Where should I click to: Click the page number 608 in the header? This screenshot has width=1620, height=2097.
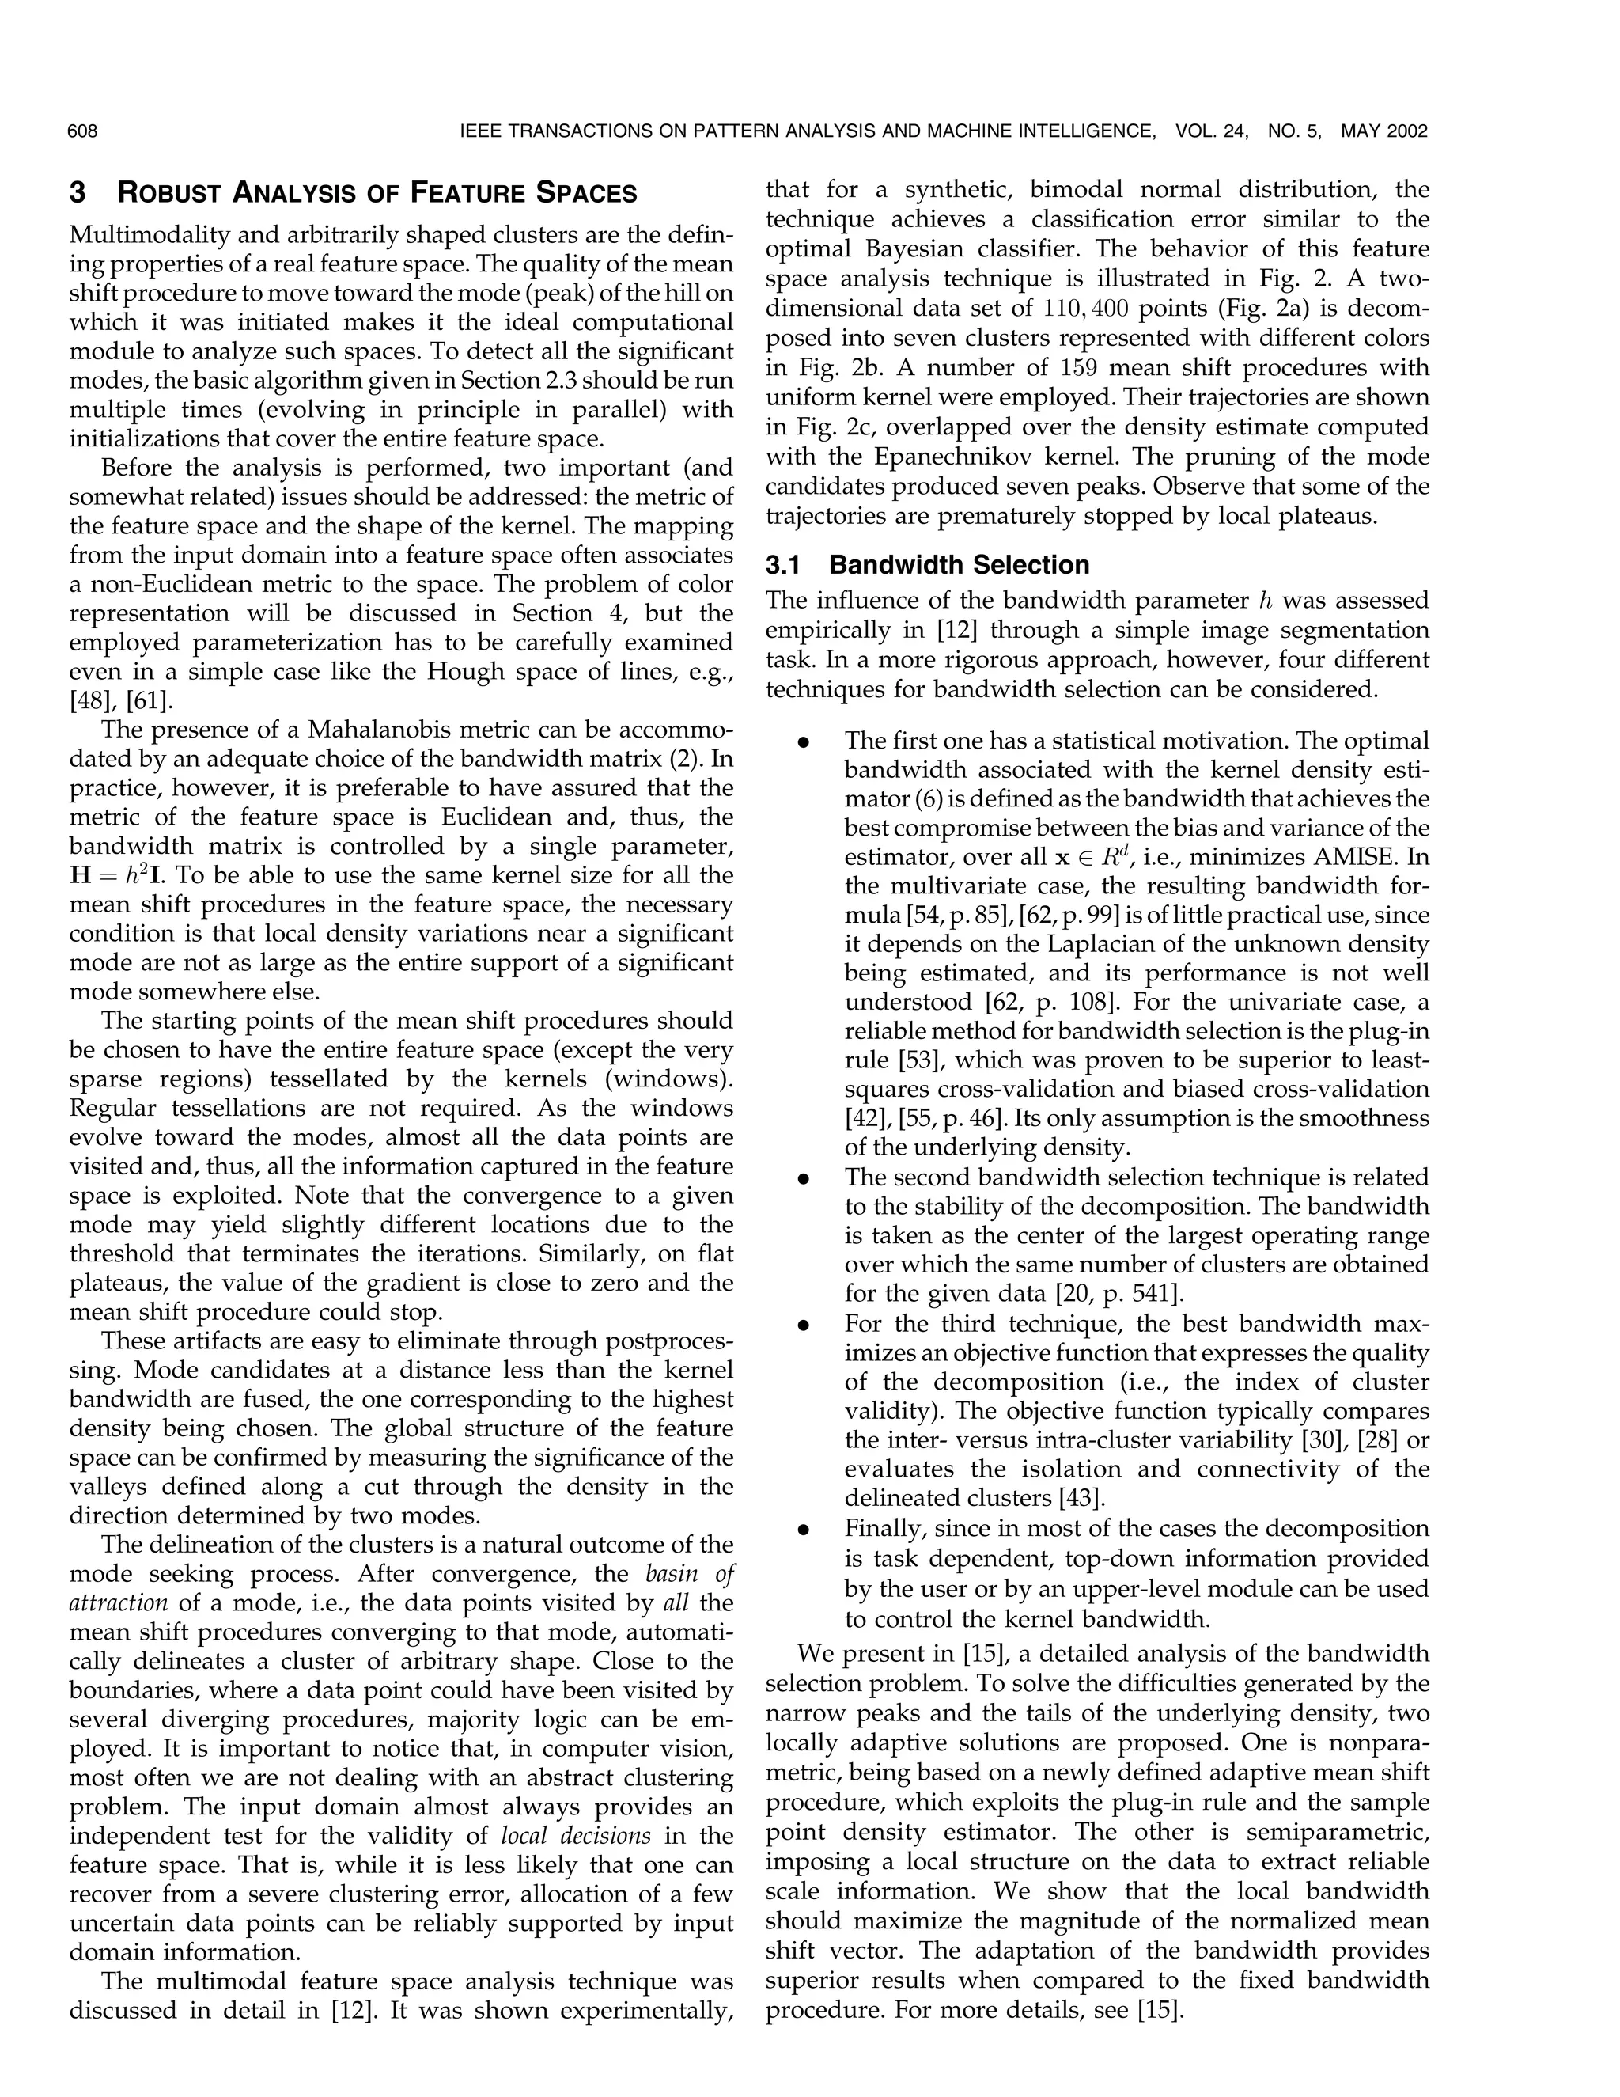tap(84, 131)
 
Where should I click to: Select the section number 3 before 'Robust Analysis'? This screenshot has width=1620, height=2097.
tap(78, 194)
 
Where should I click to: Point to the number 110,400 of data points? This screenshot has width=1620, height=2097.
tap(1086, 309)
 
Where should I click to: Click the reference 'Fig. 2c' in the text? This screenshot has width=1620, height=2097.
tap(819, 427)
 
